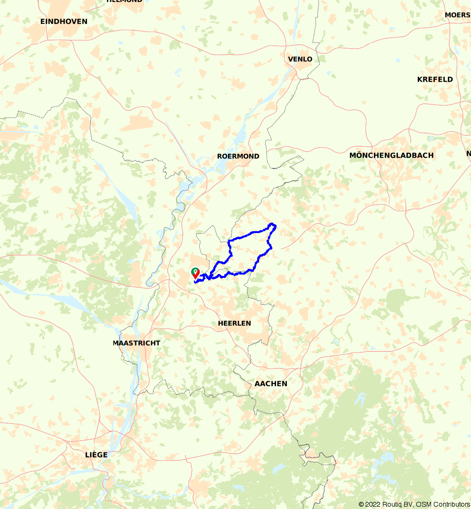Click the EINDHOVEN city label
(64, 21)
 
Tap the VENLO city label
(300, 59)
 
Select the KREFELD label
(435, 79)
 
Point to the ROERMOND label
(238, 156)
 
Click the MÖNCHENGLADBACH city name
(391, 155)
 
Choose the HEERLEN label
(234, 323)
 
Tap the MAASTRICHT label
(137, 343)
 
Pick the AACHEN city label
(271, 384)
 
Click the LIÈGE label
(96, 455)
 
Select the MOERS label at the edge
(457, 15)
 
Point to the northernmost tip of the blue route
(272, 224)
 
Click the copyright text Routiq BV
(396, 504)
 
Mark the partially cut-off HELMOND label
(124, 1)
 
